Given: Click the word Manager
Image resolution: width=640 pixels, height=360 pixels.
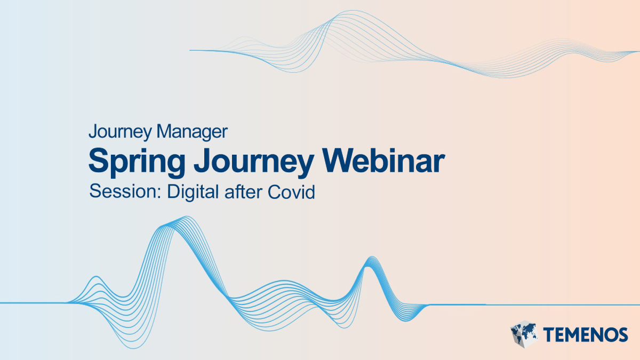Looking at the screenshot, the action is [x=193, y=132].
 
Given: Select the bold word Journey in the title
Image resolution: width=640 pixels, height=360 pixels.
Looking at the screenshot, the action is [x=254, y=162].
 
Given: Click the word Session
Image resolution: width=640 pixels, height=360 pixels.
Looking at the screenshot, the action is [x=123, y=191].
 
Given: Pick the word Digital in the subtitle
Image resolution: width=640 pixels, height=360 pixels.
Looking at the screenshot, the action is [x=193, y=191].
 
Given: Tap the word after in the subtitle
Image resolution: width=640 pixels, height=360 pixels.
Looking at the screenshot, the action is [x=243, y=191].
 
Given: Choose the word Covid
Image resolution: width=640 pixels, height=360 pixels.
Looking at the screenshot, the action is [x=291, y=191].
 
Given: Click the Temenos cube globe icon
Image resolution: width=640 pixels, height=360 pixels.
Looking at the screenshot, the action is [x=524, y=334].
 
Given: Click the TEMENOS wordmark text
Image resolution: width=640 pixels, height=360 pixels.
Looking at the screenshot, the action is [x=586, y=334].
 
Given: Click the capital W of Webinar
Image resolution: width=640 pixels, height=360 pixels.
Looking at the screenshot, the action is [x=339, y=161].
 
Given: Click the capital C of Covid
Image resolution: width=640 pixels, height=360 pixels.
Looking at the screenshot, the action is [x=274, y=191].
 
